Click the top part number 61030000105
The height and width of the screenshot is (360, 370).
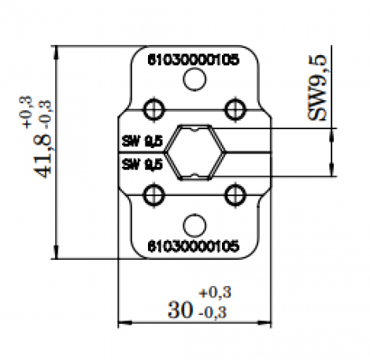tap(194, 58)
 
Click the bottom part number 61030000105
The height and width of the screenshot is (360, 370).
tap(194, 245)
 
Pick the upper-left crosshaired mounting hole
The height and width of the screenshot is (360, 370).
tap(154, 107)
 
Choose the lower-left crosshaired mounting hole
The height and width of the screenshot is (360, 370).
tap(154, 194)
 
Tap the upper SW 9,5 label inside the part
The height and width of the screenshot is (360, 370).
tap(142, 141)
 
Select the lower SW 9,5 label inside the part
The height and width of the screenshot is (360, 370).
tap(142, 165)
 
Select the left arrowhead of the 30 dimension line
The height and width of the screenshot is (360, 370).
tap(120, 322)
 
